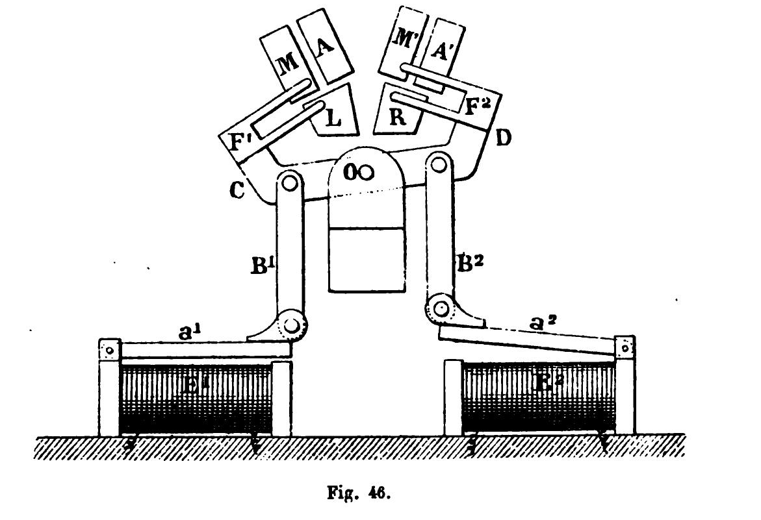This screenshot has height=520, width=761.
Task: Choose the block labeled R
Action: tap(394, 118)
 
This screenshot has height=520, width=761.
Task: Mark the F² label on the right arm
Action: tap(476, 106)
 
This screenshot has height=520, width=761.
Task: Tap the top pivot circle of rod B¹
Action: tap(289, 182)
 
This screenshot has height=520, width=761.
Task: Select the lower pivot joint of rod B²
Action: tap(440, 310)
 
